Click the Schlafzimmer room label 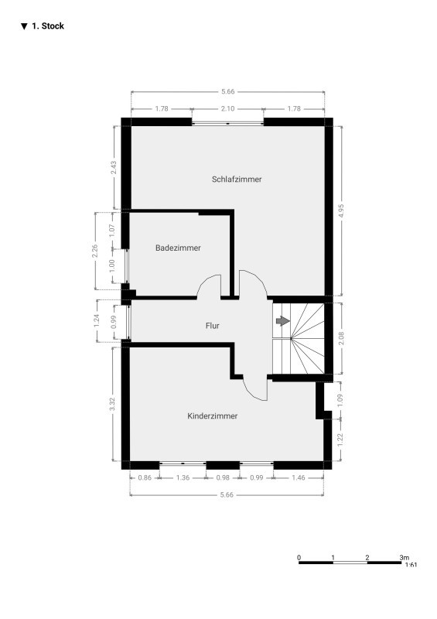(237, 180)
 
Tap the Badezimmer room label (178, 248)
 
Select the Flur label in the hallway (213, 326)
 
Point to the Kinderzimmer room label (213, 416)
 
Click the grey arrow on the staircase (282, 320)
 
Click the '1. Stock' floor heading (43, 26)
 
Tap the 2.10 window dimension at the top (227, 108)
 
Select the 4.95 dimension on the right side (341, 210)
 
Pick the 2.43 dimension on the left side (114, 168)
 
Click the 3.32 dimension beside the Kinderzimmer (112, 404)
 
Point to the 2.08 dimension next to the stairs (341, 338)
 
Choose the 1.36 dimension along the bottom (183, 477)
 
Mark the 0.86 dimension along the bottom (145, 477)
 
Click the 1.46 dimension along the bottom (299, 477)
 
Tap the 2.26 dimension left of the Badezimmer (94, 251)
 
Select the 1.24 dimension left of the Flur (97, 320)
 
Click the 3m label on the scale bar (405, 558)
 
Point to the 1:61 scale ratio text (411, 565)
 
